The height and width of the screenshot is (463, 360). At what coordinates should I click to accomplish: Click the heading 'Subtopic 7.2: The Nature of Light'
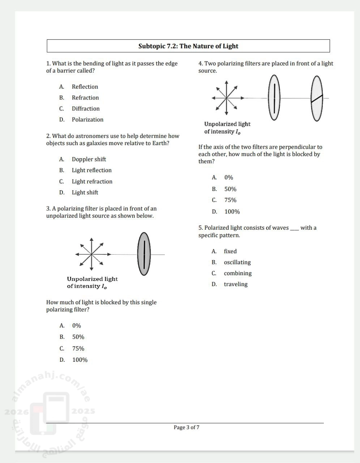click(188, 46)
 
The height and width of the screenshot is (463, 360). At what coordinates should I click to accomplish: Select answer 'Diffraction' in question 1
click(86, 109)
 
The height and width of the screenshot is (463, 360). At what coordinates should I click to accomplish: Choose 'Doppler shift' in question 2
click(89, 159)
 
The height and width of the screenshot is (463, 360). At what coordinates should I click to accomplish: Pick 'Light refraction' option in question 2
click(92, 182)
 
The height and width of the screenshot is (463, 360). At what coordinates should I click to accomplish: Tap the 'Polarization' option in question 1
click(87, 119)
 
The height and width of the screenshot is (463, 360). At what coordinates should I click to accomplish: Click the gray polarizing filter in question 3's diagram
click(144, 254)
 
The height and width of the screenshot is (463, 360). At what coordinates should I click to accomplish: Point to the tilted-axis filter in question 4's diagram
click(317, 98)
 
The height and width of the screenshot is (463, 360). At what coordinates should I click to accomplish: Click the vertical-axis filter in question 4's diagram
click(274, 98)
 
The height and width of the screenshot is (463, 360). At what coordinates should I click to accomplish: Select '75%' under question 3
click(78, 348)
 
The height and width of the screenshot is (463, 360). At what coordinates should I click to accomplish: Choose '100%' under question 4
click(232, 212)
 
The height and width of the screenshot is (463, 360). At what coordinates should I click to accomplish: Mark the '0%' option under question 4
click(229, 178)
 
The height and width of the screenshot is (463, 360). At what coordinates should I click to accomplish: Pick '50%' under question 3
click(78, 337)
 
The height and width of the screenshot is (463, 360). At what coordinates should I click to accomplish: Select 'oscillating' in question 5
click(237, 262)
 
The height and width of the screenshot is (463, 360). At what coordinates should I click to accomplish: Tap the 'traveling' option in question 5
click(236, 284)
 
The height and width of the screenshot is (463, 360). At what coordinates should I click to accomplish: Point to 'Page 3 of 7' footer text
click(187, 427)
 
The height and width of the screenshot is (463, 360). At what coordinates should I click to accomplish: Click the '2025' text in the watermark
click(83, 411)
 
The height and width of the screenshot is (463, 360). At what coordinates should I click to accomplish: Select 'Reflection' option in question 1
click(85, 87)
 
